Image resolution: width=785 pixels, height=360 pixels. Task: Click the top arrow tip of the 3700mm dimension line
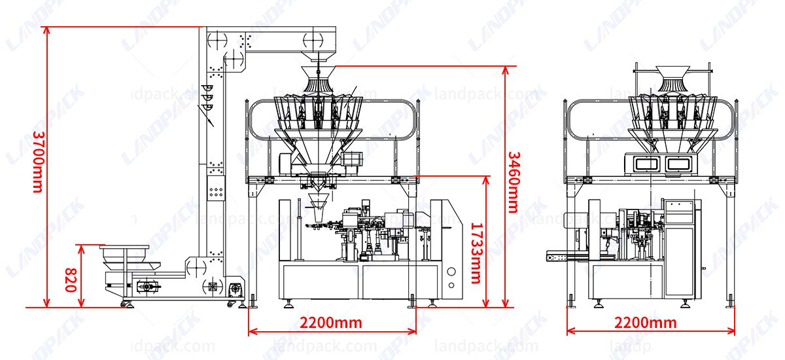[x=46, y=27]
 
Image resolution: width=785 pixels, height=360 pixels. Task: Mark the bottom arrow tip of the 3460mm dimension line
[x=505, y=308]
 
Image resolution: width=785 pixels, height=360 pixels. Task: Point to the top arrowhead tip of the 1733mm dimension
[x=485, y=176]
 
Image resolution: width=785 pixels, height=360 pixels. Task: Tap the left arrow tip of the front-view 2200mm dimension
[x=249, y=331]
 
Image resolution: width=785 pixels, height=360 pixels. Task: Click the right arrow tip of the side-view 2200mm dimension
[x=735, y=331]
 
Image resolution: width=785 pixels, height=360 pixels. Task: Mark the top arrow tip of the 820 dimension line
[x=81, y=245]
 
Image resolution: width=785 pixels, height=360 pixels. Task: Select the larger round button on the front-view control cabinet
[x=451, y=272]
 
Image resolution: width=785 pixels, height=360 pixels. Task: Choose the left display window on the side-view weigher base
[x=646, y=164]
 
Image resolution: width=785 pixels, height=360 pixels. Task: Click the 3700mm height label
[x=38, y=162]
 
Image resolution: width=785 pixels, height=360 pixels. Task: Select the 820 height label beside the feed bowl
[x=71, y=280]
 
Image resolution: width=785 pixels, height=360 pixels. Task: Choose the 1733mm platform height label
[x=476, y=253]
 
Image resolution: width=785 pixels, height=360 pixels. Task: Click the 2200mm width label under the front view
[x=331, y=323]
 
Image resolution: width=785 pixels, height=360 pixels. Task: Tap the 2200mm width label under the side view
[x=646, y=323]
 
